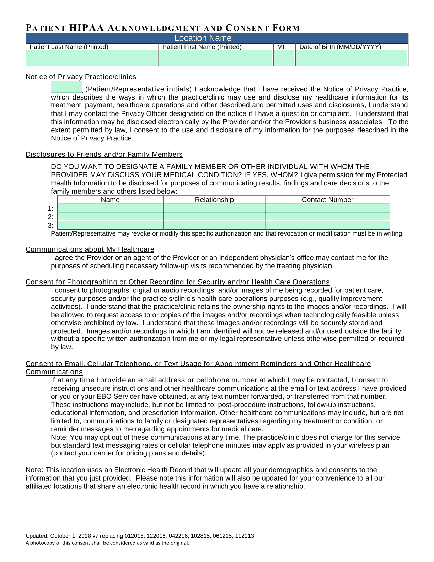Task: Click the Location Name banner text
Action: point(203,38)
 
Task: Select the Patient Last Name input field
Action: point(92,58)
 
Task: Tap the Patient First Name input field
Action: point(216,58)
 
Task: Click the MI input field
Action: point(284,58)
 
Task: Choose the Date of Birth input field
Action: point(352,58)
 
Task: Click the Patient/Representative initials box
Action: point(67,88)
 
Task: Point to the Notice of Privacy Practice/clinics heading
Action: point(81,77)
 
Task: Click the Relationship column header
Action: point(214,200)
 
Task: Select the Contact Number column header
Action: point(327,200)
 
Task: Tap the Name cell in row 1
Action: point(110,208)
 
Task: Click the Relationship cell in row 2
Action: point(214,217)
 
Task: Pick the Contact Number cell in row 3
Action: point(327,225)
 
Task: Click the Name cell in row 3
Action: point(110,225)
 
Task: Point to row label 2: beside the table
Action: point(51,217)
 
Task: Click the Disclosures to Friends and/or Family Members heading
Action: point(104,155)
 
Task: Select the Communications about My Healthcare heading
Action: point(90,249)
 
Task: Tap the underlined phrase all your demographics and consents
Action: point(300,470)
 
